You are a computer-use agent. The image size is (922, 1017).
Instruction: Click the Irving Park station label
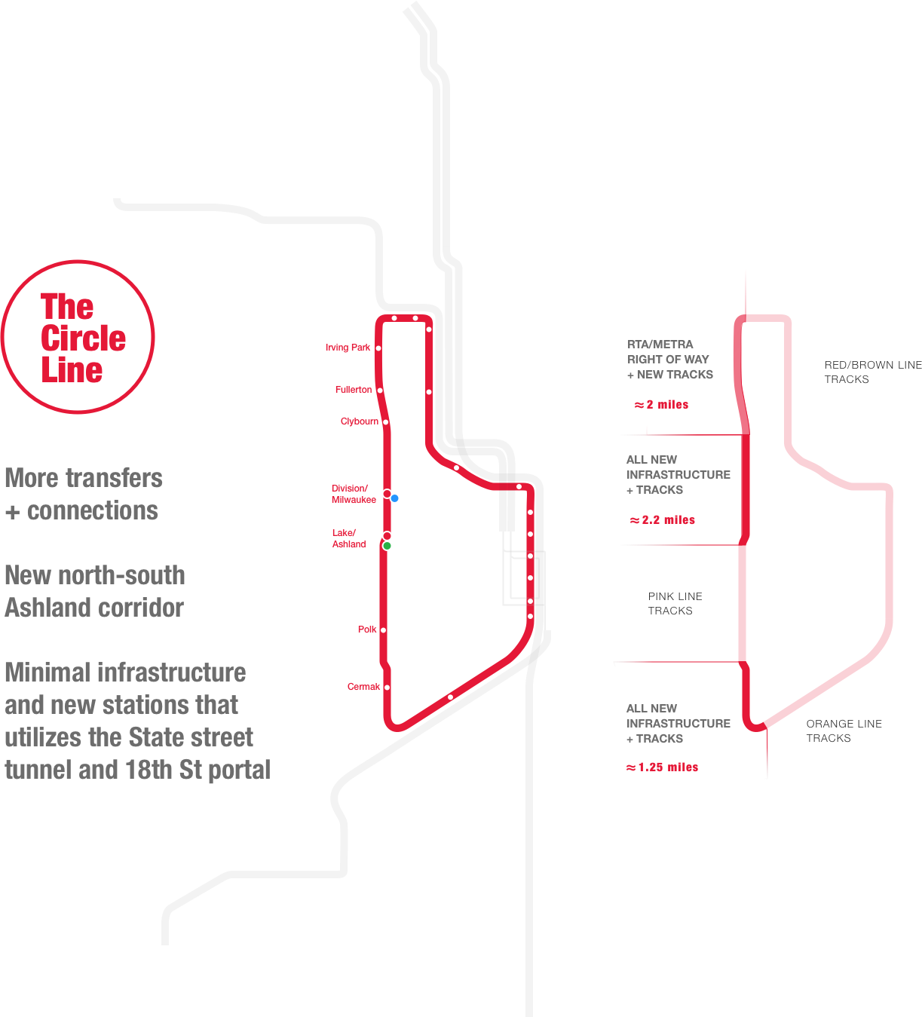click(x=348, y=348)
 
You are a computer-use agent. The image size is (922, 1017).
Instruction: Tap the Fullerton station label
click(x=354, y=390)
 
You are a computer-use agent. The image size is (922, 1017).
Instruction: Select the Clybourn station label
click(x=359, y=421)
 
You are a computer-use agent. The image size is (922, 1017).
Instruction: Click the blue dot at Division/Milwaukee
click(x=395, y=498)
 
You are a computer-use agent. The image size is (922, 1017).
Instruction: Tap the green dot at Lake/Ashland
click(x=387, y=545)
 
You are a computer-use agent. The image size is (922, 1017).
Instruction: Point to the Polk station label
click(x=367, y=629)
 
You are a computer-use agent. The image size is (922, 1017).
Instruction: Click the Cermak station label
click(x=363, y=687)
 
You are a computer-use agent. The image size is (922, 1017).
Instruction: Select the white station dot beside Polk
click(x=383, y=629)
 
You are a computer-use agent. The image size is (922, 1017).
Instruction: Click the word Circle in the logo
click(x=83, y=338)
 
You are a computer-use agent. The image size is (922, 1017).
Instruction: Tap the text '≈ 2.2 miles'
click(x=663, y=520)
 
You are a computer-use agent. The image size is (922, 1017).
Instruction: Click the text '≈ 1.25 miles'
click(x=663, y=767)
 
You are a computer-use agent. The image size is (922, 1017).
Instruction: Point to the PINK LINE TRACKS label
click(x=674, y=603)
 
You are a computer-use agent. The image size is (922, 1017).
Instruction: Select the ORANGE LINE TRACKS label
click(x=844, y=731)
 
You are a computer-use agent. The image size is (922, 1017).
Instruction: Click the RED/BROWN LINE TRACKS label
click(x=872, y=372)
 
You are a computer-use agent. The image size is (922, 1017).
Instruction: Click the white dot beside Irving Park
click(x=378, y=348)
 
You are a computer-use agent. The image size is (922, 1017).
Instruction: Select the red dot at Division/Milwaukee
click(x=387, y=494)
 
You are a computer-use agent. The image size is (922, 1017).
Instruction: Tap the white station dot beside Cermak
click(x=387, y=687)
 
